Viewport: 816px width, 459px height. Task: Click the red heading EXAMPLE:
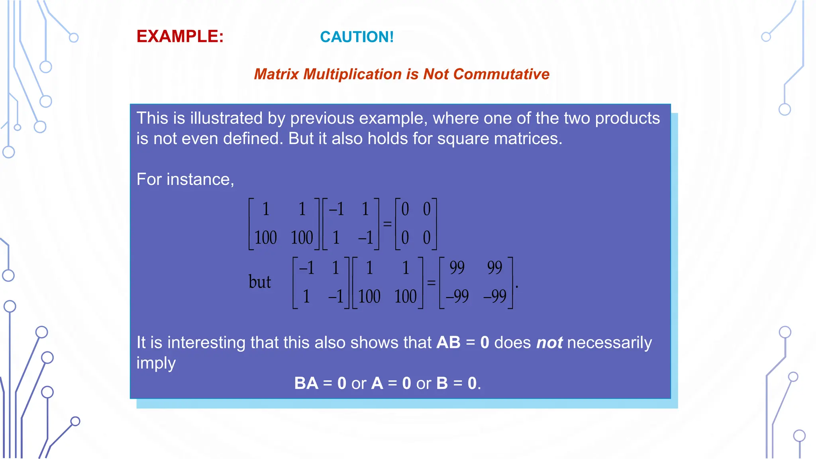(x=180, y=37)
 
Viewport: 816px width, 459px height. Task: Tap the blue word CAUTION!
(x=357, y=37)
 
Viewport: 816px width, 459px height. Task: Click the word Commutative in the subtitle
(x=501, y=74)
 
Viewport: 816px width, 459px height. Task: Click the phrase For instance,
(x=185, y=179)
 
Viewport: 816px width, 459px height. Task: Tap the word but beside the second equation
(x=259, y=282)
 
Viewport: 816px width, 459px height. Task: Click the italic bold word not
(x=549, y=343)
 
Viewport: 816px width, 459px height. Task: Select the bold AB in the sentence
(x=448, y=343)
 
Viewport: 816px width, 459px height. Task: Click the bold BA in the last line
(x=306, y=383)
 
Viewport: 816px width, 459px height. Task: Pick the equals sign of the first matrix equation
(x=387, y=224)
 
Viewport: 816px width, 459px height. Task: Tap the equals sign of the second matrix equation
(x=431, y=283)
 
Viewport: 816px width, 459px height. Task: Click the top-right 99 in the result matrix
(x=494, y=267)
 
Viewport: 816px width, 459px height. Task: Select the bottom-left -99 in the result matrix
(x=457, y=296)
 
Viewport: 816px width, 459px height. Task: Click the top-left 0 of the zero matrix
(x=405, y=209)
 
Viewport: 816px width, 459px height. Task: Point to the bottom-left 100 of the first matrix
(x=265, y=238)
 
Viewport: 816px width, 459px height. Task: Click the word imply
(x=156, y=363)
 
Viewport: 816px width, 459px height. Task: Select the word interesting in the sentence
(x=206, y=343)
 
